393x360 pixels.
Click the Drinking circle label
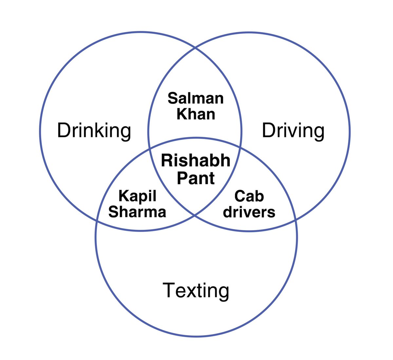94,131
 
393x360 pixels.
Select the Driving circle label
293,131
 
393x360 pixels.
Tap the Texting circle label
196,290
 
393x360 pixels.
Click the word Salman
196,98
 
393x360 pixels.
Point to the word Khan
196,114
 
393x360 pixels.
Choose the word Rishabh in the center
196,161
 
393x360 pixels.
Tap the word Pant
196,178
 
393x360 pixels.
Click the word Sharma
137,212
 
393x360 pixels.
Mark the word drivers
249,212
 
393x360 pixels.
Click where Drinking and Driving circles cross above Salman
196,48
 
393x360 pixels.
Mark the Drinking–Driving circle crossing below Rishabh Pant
195,215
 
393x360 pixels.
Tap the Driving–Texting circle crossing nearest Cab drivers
296,220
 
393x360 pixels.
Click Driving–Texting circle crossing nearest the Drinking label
150,148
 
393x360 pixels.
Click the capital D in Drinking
63,130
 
